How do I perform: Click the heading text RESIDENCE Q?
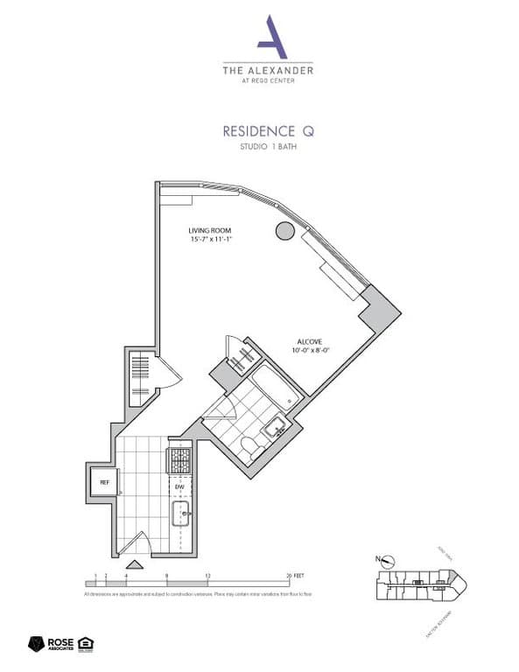(x=267, y=131)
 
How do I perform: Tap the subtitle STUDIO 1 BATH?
(x=267, y=147)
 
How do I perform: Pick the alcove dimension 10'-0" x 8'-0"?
(x=312, y=352)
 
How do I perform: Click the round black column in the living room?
(x=284, y=231)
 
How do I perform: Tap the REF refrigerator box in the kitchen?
(x=103, y=482)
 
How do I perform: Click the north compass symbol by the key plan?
(x=387, y=560)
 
